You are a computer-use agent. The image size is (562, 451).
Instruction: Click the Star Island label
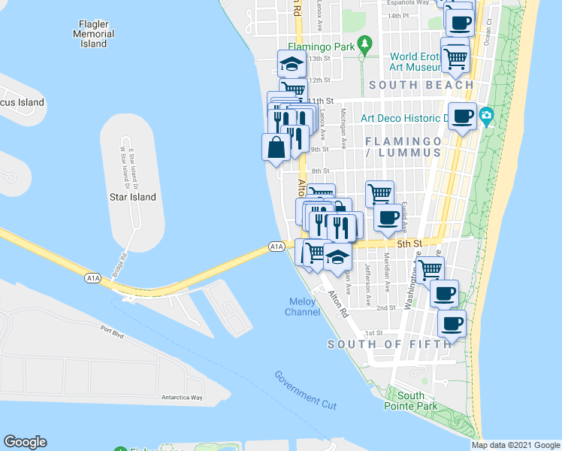[137, 197]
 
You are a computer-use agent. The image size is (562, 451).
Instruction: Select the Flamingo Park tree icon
[364, 45]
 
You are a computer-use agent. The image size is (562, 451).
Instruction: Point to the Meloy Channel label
[304, 307]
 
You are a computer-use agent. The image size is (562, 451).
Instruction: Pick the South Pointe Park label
[411, 401]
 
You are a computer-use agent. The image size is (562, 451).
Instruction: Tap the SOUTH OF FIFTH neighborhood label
[390, 344]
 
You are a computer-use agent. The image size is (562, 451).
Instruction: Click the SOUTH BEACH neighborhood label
[421, 85]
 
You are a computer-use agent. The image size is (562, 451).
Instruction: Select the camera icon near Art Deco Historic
[486, 117]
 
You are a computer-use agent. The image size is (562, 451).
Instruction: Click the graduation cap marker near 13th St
[291, 64]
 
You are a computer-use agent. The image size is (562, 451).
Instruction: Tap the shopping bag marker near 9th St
[275, 147]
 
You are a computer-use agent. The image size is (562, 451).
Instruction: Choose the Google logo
[25, 442]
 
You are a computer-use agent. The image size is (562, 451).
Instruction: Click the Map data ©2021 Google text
[515, 445]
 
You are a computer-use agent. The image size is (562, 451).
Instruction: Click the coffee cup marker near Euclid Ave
[388, 217]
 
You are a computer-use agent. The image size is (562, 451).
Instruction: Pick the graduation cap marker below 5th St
[338, 256]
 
